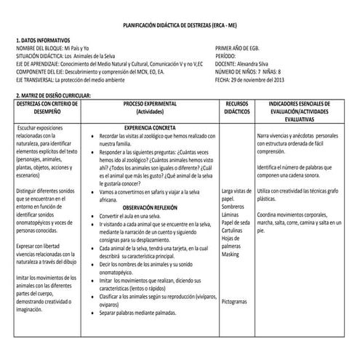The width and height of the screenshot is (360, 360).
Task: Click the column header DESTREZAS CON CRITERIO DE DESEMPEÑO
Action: (45, 108)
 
